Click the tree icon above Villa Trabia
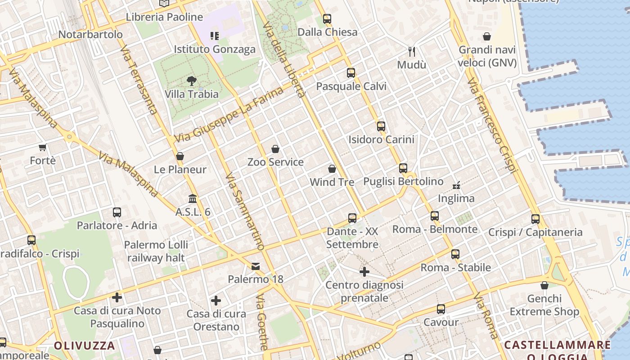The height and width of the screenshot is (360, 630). (x=192, y=81)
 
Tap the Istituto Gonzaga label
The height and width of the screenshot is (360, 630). (x=215, y=49)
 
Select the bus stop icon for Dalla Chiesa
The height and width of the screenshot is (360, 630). (x=327, y=19)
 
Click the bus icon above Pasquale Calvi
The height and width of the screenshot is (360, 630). (x=351, y=73)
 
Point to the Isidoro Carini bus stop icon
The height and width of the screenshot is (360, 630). (x=381, y=126)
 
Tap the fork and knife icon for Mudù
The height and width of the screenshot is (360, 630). (x=411, y=51)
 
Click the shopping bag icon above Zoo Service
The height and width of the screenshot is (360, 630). (x=275, y=149)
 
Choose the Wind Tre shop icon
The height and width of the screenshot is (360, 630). (x=332, y=169)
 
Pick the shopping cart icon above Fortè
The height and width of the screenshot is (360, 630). (x=43, y=147)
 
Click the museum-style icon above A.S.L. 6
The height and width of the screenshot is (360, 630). (x=193, y=198)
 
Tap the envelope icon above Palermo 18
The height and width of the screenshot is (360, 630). (x=256, y=266)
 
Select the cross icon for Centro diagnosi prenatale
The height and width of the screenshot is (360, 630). (x=364, y=272)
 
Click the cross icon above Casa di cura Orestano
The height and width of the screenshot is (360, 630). (x=216, y=301)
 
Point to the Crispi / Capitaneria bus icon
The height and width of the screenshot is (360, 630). (x=535, y=219)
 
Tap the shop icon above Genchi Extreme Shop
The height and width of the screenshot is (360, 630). (x=544, y=285)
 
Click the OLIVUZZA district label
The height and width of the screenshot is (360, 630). (x=85, y=346)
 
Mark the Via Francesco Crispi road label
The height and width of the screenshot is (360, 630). (x=492, y=126)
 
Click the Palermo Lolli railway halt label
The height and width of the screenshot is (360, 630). (x=156, y=251)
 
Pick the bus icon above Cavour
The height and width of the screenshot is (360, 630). (x=441, y=309)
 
